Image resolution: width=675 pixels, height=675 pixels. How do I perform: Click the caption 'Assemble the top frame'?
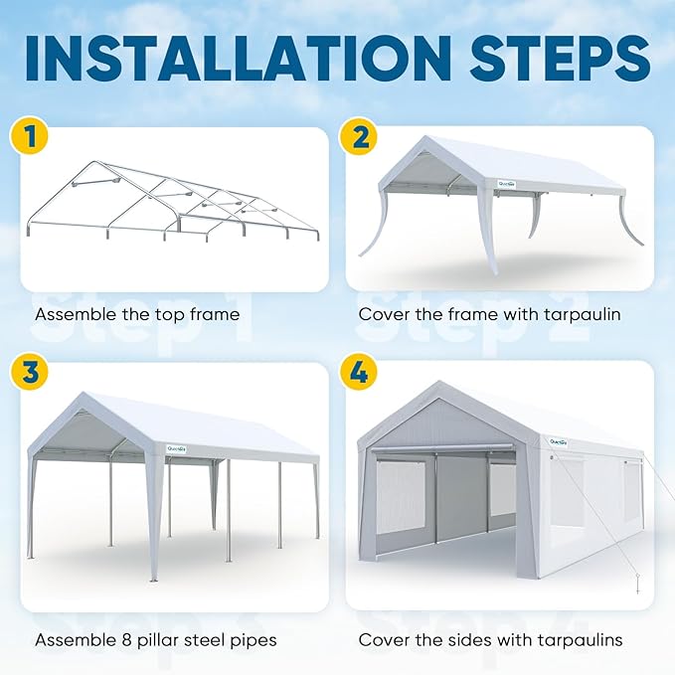tap(137, 314)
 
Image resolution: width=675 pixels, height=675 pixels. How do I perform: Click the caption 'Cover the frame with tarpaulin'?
tap(489, 314)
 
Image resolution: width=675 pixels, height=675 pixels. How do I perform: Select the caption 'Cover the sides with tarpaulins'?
tap(491, 639)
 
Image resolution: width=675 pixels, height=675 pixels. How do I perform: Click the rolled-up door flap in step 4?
tap(448, 449)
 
